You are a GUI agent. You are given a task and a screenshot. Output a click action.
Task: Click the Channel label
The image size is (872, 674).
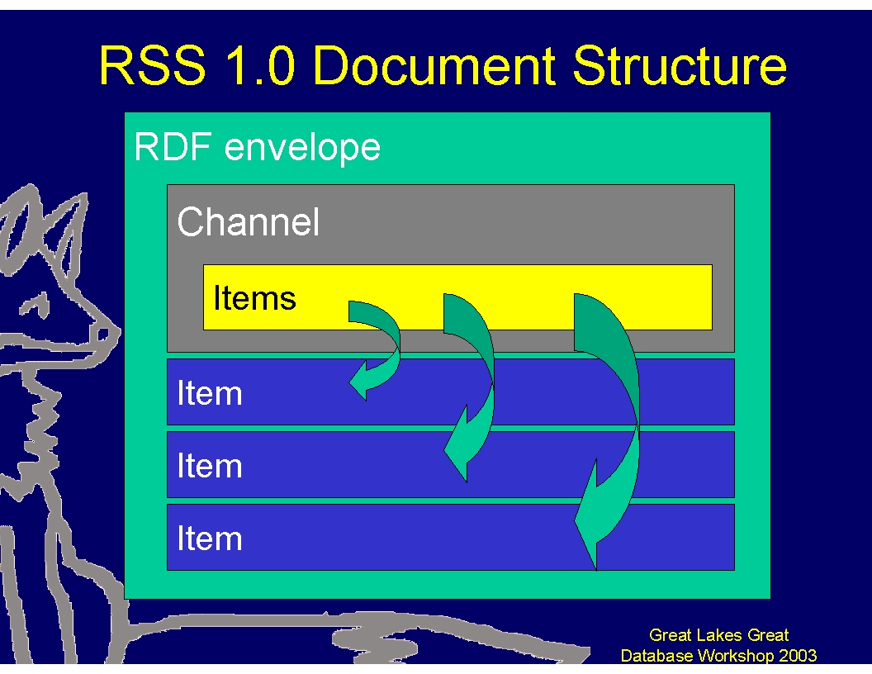coord(248,222)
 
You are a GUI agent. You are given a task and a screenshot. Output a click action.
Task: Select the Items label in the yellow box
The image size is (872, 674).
coord(254,298)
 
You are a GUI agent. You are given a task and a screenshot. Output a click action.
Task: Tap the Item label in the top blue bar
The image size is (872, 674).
coord(210,393)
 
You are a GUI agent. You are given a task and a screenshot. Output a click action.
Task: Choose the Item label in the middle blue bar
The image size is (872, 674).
coord(210,466)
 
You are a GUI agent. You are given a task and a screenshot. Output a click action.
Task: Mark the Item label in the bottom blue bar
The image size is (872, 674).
coord(210,539)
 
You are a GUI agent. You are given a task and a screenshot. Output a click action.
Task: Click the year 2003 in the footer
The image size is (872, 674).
coord(796,656)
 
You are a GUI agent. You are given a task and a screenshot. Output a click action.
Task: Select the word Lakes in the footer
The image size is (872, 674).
coord(714,635)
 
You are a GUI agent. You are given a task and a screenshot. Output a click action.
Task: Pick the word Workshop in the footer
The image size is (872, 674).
coord(734,656)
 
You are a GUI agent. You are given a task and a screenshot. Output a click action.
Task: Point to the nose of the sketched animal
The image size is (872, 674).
coord(102,334)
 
